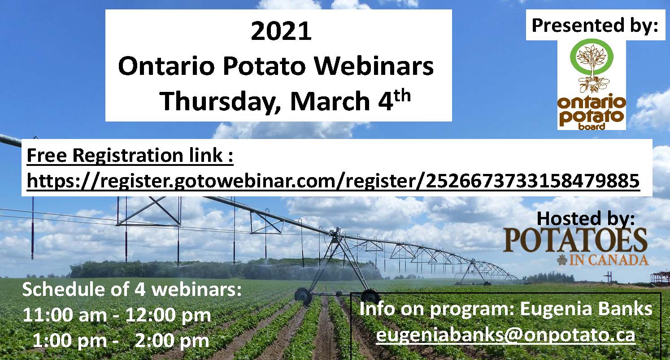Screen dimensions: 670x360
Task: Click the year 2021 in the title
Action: pyautogui.click(x=281, y=31)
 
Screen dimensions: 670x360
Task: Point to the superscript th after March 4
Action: pyautogui.click(x=402, y=96)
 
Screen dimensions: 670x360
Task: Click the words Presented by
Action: pyautogui.click(x=595, y=26)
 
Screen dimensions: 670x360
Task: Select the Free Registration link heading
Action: pyautogui.click(x=130, y=156)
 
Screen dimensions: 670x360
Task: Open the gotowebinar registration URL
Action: pyautogui.click(x=333, y=181)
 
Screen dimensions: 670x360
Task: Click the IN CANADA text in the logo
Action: pyautogui.click(x=609, y=260)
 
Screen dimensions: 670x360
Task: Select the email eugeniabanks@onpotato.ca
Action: pyautogui.click(x=505, y=335)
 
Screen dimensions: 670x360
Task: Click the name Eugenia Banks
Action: pyautogui.click(x=586, y=309)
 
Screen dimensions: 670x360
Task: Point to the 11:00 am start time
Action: pyautogui.click(x=65, y=315)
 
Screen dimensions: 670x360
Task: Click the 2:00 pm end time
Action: pyautogui.click(x=172, y=341)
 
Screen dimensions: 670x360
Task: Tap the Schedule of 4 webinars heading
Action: pyautogui.click(x=132, y=290)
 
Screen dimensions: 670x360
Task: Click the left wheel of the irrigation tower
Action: pyautogui.click(x=303, y=296)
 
